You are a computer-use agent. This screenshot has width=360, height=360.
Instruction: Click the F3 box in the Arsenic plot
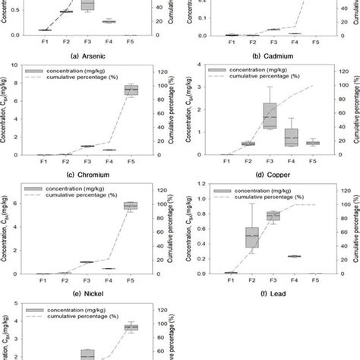[88, 5]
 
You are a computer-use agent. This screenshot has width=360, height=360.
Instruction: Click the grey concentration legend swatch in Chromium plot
[34, 70]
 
